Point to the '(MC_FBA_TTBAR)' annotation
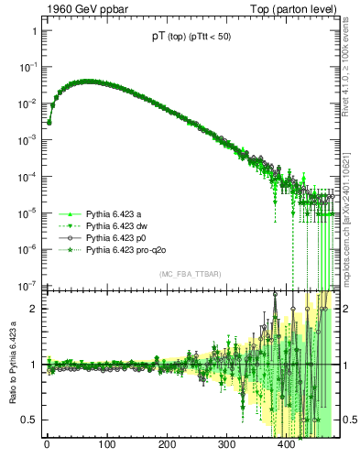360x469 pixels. [189, 276]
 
